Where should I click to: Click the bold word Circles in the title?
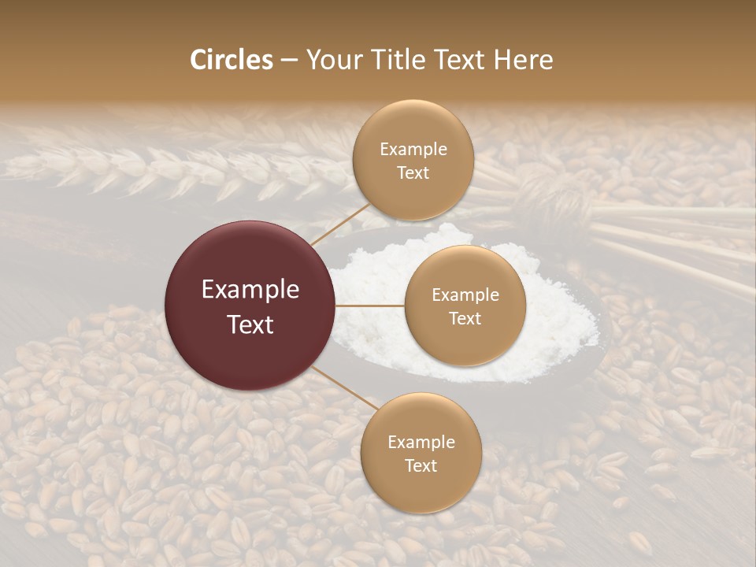pos(231,60)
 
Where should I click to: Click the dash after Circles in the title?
pos(289,61)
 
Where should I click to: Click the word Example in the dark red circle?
pos(250,290)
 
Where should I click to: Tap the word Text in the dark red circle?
pos(250,324)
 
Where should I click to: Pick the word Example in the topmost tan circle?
pos(413,150)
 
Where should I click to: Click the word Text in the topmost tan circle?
pos(413,172)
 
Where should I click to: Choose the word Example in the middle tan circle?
pos(465,295)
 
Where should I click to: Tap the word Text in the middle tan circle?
pos(465,318)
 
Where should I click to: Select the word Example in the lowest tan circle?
pos(421,443)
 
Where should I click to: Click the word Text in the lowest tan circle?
pos(421,465)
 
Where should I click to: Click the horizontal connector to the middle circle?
pos(370,306)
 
